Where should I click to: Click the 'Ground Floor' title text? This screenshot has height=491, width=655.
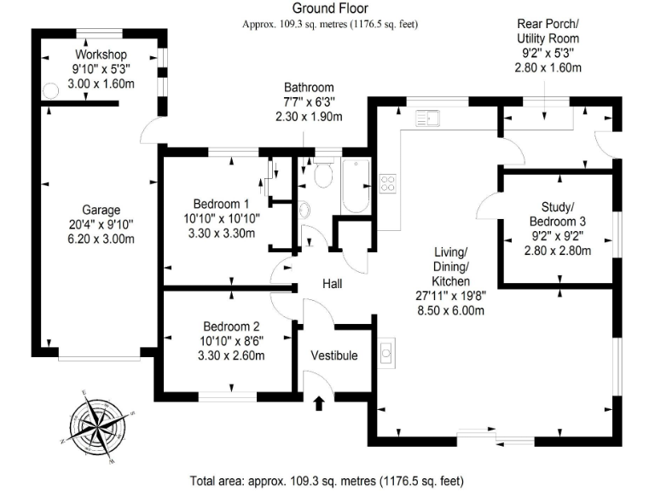tap(330, 9)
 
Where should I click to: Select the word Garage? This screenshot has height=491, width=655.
tap(101, 210)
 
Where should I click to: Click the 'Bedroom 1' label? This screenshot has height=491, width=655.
tap(221, 204)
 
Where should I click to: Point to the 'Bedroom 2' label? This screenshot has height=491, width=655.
tap(231, 326)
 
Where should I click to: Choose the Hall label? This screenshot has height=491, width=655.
tap(333, 284)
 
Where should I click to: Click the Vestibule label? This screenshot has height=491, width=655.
tap(333, 355)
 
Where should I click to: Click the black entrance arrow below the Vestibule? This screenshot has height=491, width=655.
tap(320, 403)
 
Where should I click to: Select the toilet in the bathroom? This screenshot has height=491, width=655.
tap(322, 176)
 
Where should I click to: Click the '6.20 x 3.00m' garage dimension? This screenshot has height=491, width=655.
tap(101, 240)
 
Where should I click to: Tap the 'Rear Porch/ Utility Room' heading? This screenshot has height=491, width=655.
tap(548, 32)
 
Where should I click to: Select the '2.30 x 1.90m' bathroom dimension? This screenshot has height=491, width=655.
tap(310, 117)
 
